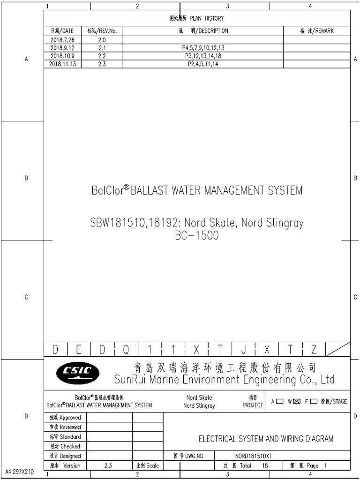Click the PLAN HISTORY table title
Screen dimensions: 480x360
(x=196, y=18)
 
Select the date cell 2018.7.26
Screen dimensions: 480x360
(x=62, y=40)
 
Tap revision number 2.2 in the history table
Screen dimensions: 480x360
(x=102, y=56)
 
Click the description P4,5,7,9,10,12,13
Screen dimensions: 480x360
(x=203, y=48)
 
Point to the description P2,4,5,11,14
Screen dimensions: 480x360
(x=203, y=64)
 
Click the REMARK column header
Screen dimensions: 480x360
(x=316, y=31)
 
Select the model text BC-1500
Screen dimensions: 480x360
(x=196, y=236)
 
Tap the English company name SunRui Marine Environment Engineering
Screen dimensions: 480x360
(x=225, y=379)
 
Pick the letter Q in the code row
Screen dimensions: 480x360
(x=126, y=350)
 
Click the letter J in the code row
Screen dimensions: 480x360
(x=244, y=350)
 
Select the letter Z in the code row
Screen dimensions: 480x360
(x=314, y=350)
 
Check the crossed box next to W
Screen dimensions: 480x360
(x=296, y=401)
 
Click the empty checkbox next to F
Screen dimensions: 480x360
(x=314, y=401)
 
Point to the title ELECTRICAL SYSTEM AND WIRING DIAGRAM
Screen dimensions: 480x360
(x=266, y=439)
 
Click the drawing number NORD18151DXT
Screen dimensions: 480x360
(x=253, y=456)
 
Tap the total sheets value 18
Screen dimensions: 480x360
(x=265, y=465)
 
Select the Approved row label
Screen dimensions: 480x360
(x=65, y=418)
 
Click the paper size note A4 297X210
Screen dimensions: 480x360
(x=20, y=472)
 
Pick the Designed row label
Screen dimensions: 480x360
(x=65, y=456)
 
